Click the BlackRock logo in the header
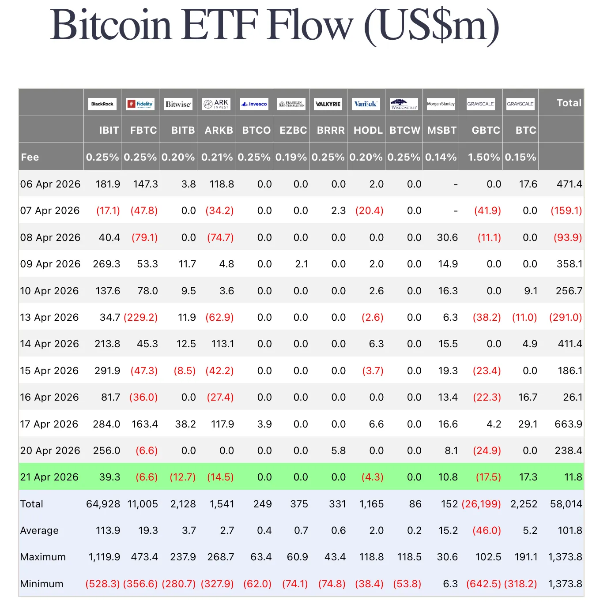tap(102, 104)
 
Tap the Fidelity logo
tap(140, 104)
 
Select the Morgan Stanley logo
tap(441, 104)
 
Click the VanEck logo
tap(366, 104)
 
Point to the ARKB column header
tap(219, 130)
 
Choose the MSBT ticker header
tap(442, 130)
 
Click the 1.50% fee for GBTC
tap(484, 157)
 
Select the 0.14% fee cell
tap(441, 157)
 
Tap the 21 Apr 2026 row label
tap(49, 477)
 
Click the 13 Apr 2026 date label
tap(49, 317)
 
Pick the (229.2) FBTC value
tap(141, 317)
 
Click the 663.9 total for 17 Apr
tap(568, 424)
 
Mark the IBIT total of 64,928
tap(103, 504)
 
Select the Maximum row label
tap(43, 557)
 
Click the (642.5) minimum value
tap(483, 584)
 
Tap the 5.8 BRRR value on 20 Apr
tap(338, 450)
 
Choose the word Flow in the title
tap(309, 25)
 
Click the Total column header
tap(569, 103)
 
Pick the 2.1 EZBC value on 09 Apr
tap(302, 264)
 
